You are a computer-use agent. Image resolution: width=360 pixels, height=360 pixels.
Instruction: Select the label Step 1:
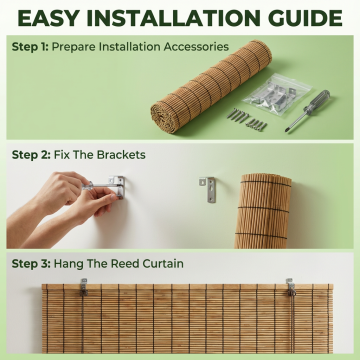pyautogui.click(x=30, y=47)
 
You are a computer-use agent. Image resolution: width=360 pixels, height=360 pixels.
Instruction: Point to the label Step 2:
pyautogui.click(x=31, y=155)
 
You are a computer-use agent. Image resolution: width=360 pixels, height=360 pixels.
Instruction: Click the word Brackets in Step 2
pyautogui.click(x=121, y=155)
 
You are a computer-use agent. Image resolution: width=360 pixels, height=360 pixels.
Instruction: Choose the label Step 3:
pyautogui.click(x=31, y=264)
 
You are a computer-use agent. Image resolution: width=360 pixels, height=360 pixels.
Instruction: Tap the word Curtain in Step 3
pyautogui.click(x=163, y=264)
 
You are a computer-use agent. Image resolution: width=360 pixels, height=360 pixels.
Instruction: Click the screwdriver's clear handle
pyautogui.click(x=317, y=101)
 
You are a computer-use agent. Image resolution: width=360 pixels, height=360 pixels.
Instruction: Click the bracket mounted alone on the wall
pyautogui.click(x=208, y=189)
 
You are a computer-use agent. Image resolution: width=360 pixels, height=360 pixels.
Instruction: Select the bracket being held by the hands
pyautogui.click(x=117, y=187)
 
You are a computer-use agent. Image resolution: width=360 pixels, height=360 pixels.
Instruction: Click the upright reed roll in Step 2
pyautogui.click(x=263, y=211)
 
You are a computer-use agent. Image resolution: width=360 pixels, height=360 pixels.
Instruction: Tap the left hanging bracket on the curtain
pyautogui.click(x=84, y=287)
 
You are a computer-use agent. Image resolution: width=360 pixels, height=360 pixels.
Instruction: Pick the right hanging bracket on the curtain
pyautogui.click(x=291, y=287)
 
